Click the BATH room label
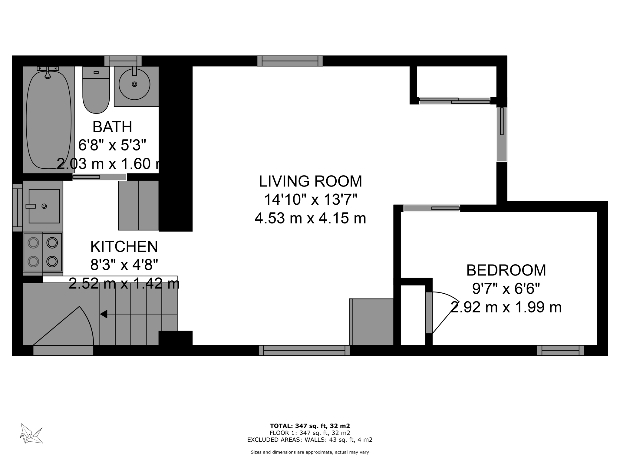[112, 127]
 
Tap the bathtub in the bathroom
[48, 120]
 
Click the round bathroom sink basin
[134, 84]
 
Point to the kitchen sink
[44, 206]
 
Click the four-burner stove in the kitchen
[43, 252]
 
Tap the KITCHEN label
[124, 246]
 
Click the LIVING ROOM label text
[310, 181]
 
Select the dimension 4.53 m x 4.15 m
[310, 218]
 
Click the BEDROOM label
[506, 270]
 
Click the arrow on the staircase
[104, 314]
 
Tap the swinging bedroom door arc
[445, 312]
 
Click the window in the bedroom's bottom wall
[560, 350]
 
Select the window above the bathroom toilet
[123, 61]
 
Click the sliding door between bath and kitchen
[99, 177]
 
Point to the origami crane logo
[31, 434]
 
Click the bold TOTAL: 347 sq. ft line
[310, 426]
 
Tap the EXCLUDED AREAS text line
[310, 440]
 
